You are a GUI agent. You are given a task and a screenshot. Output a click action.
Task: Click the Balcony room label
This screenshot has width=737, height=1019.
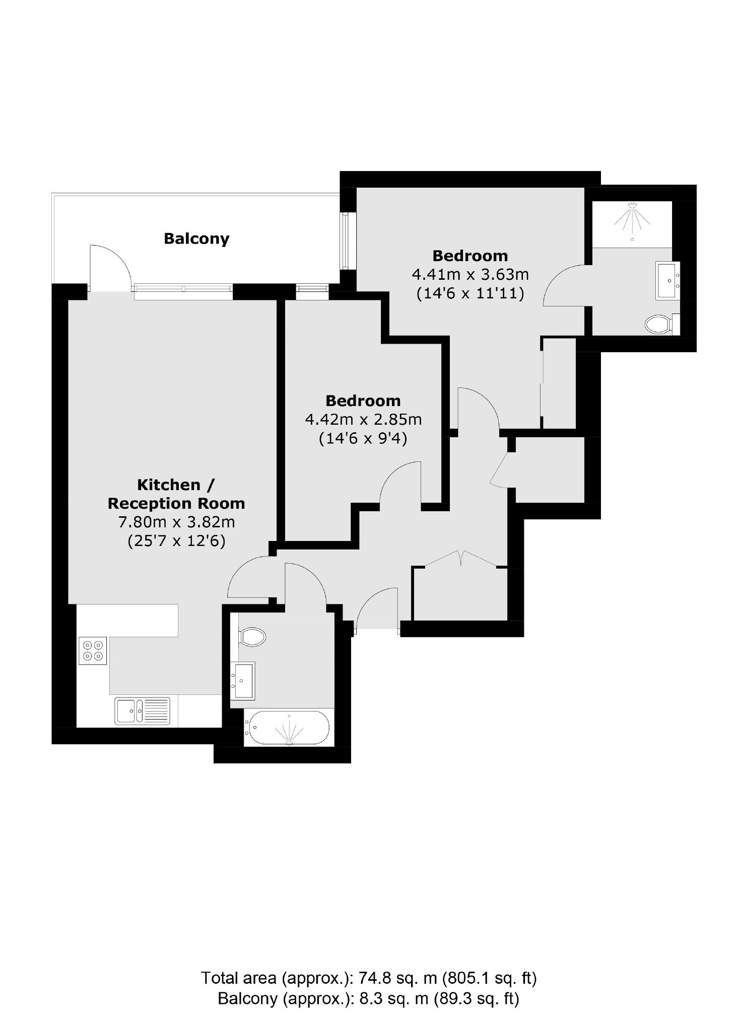[196, 239]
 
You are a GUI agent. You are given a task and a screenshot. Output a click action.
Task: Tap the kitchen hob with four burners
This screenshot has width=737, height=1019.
[93, 651]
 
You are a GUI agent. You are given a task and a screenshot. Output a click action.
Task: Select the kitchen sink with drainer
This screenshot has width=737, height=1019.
[143, 711]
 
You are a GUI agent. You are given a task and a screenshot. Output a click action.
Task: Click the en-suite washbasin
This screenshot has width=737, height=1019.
[667, 281]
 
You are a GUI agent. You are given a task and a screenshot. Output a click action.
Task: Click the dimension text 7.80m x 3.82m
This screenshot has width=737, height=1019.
[176, 522]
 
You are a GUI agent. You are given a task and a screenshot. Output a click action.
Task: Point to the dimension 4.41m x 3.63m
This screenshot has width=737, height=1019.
[470, 275]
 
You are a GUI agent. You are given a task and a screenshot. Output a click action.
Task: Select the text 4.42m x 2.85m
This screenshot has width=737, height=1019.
[363, 419]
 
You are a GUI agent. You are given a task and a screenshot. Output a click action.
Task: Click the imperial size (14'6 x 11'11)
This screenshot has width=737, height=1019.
[470, 293]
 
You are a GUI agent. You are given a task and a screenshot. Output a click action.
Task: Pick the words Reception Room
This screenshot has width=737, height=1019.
[176, 504]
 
